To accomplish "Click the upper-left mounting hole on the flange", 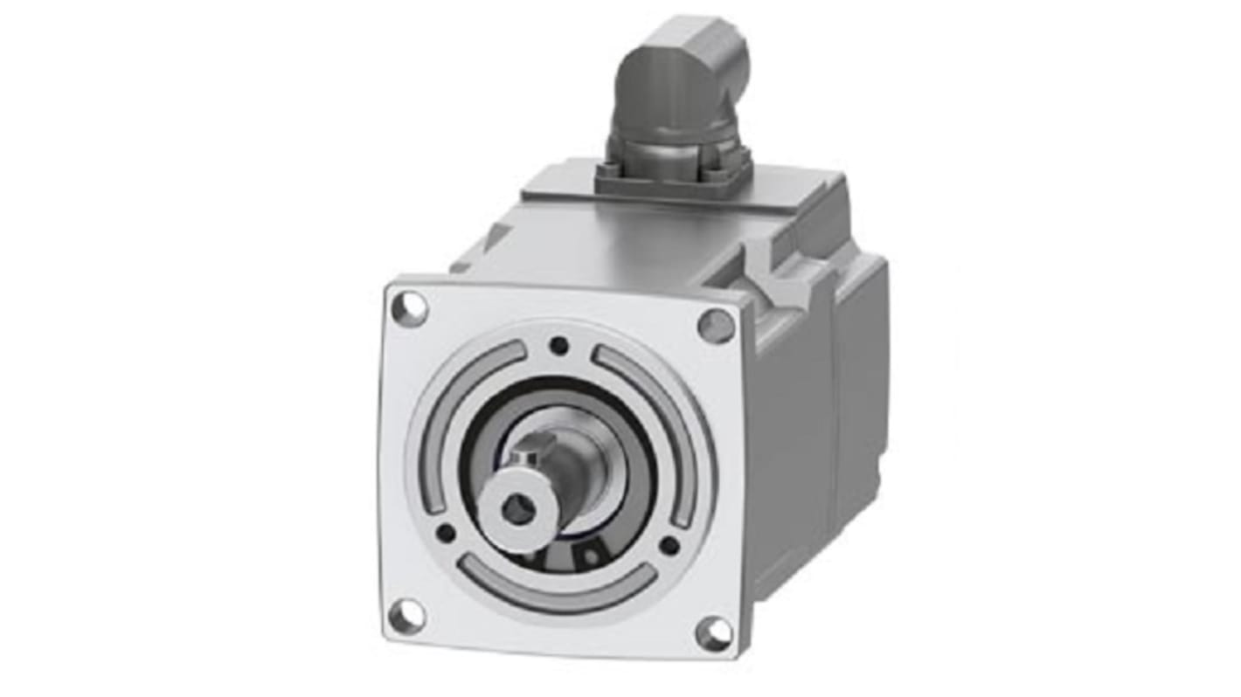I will coord(409,308).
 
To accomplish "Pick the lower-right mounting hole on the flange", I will coord(714,633).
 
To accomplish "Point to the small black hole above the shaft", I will coord(558,346).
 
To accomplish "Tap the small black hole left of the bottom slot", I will coord(446,532).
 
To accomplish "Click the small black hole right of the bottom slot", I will coord(669,546).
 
